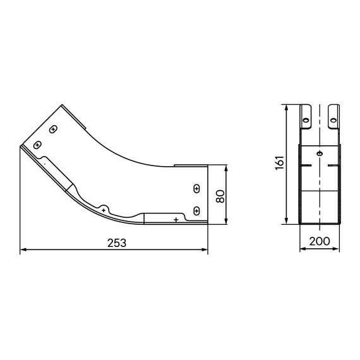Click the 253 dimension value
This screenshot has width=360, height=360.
[116, 242]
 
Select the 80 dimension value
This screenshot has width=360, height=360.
[220, 195]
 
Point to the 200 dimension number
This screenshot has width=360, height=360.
[320, 241]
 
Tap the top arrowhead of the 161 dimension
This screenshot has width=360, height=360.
[287, 107]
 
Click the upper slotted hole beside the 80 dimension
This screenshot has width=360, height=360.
[196, 188]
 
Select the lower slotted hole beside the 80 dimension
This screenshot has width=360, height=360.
[196, 210]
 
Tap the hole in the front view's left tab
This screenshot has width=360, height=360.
[306, 117]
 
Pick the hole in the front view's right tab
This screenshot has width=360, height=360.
[335, 117]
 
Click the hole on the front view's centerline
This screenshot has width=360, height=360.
[320, 153]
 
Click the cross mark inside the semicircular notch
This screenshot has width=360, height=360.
[104, 208]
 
